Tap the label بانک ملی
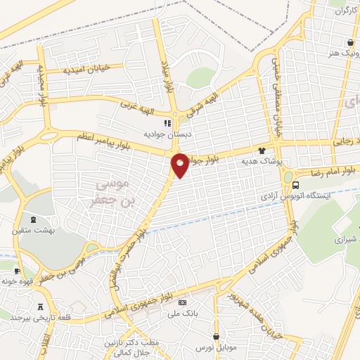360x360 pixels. coord(183,313)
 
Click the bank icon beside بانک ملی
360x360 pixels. coord(184,302)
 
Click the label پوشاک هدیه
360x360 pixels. coord(262,161)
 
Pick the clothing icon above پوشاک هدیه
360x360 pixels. coord(262,150)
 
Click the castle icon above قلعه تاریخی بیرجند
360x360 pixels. coord(40,307)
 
